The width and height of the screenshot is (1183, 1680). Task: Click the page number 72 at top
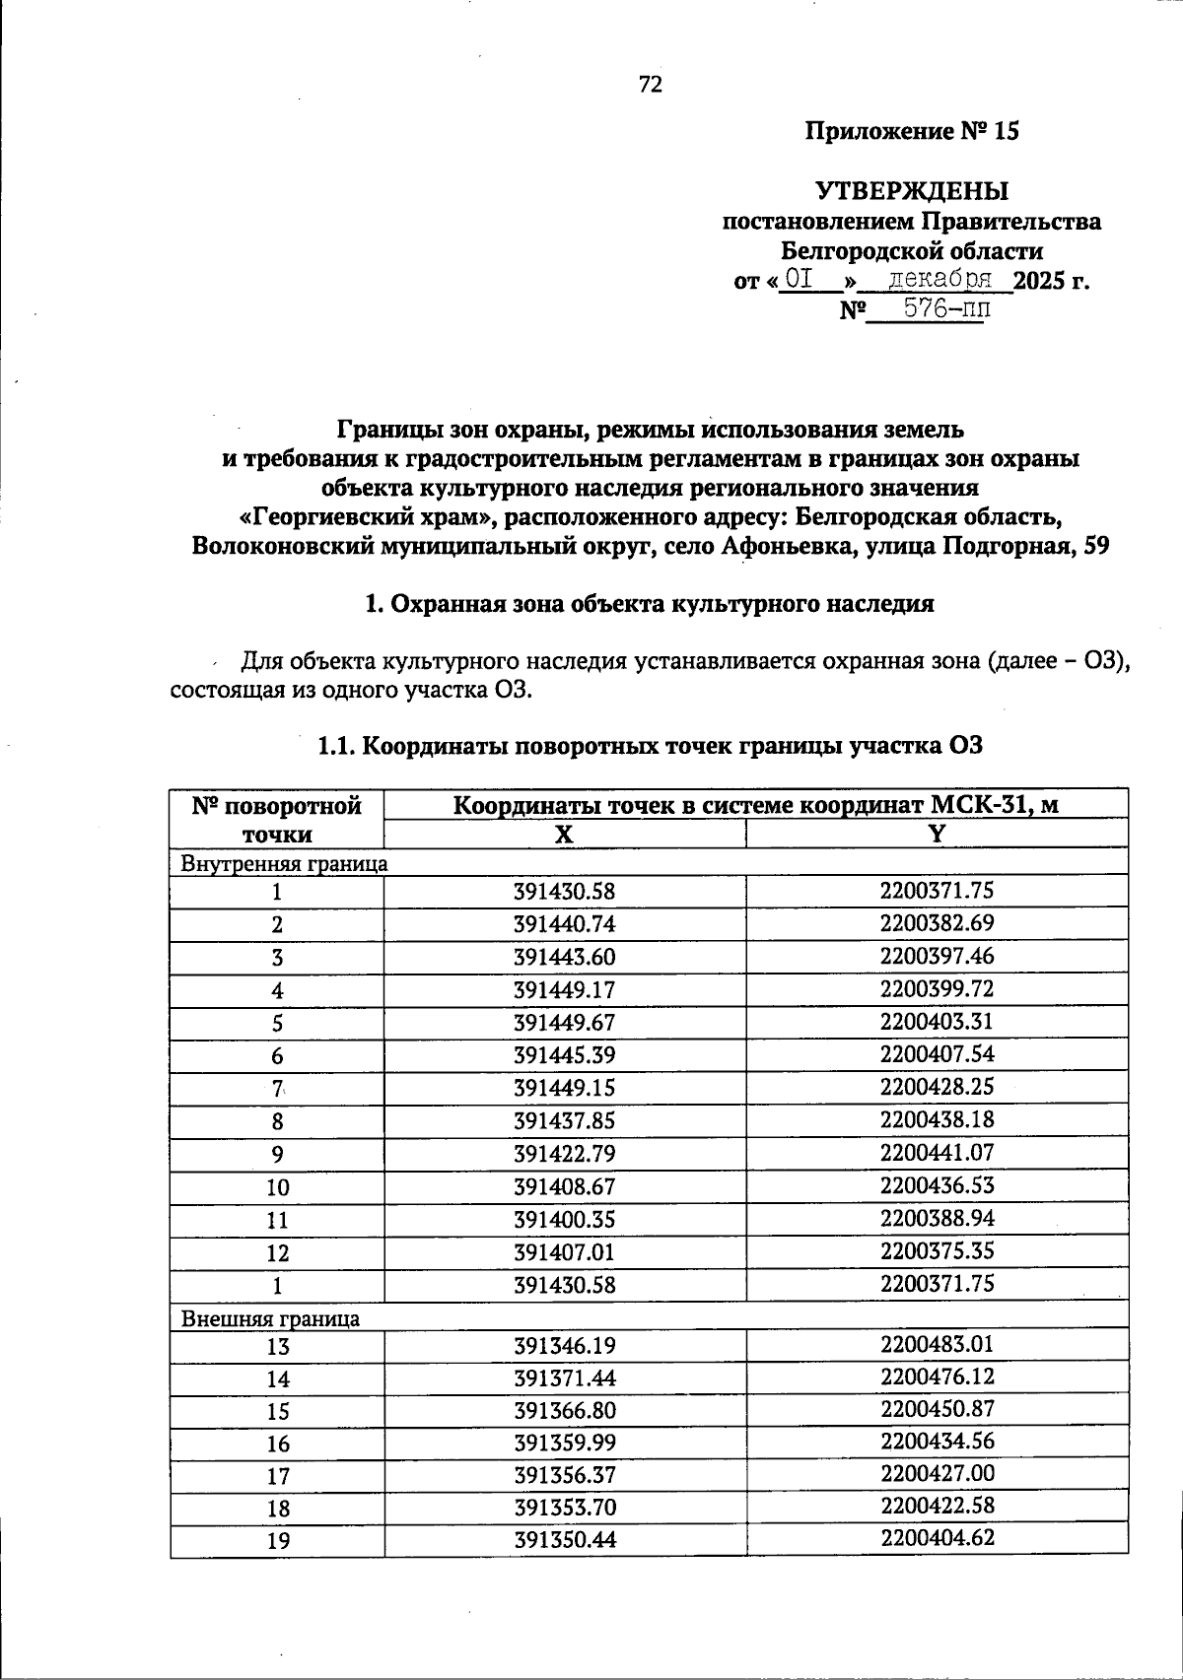coord(651,85)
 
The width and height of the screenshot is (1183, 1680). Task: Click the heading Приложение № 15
coord(912,132)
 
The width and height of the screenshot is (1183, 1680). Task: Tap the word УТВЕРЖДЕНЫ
coord(912,190)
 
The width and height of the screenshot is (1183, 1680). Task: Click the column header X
coord(564,835)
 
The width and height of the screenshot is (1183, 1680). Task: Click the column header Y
coord(937,834)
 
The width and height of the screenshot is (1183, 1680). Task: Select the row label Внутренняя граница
coord(284,864)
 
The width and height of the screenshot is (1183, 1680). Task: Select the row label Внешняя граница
coord(270,1318)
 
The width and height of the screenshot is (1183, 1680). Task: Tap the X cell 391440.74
coord(564,924)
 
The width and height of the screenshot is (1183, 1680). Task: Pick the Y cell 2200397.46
coord(937,956)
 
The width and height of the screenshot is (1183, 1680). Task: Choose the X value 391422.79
coord(564,1153)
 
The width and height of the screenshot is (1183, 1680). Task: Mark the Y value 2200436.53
coord(937,1184)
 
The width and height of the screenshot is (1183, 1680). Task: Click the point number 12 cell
coord(277,1253)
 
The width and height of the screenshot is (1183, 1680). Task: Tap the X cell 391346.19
coord(564,1346)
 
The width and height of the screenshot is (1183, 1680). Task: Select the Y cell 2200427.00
coord(937,1474)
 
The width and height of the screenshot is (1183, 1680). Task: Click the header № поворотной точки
coord(277,820)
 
